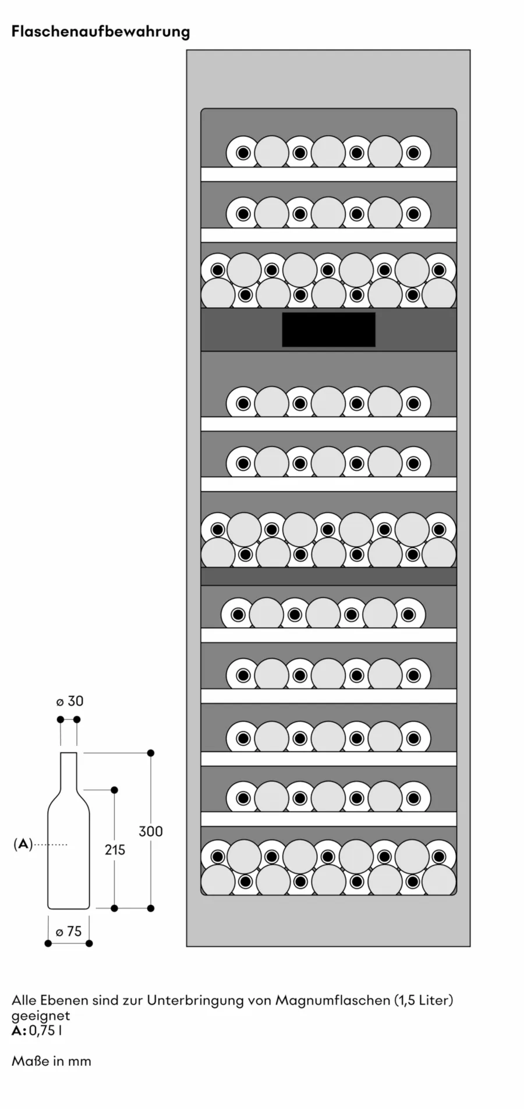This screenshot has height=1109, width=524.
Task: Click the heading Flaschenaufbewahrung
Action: [101, 31]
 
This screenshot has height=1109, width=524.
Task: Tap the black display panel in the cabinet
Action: [328, 329]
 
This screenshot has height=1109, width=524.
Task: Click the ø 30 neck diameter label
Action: [70, 701]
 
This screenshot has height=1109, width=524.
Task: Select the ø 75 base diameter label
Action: [69, 931]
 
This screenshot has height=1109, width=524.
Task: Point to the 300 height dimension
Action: [150, 831]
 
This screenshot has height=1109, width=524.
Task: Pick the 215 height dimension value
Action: [115, 850]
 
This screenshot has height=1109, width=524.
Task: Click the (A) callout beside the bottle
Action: [23, 844]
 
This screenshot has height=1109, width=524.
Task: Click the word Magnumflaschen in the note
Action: [332, 1000]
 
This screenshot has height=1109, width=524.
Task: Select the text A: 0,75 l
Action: [37, 1030]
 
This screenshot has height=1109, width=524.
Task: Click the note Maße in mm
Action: [51, 1061]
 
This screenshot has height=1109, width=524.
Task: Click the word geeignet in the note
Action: [41, 1015]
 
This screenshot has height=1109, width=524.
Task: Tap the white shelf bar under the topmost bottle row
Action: [328, 174]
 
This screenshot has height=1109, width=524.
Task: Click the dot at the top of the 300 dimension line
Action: [150, 753]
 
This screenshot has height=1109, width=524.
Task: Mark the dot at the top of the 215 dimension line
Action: [114, 790]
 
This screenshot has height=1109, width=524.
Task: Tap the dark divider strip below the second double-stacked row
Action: [328, 576]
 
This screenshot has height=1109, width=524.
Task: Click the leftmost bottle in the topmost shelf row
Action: [243, 153]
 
